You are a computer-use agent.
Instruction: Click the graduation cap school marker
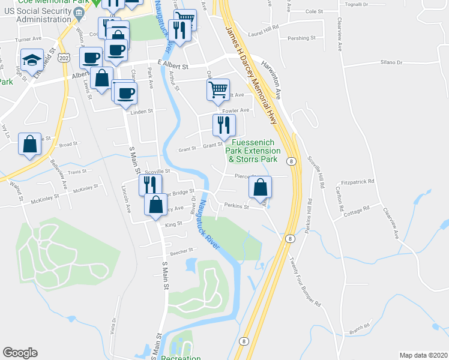[31, 60]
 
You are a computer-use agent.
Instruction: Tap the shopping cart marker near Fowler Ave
[218, 90]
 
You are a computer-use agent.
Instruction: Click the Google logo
[20, 353]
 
